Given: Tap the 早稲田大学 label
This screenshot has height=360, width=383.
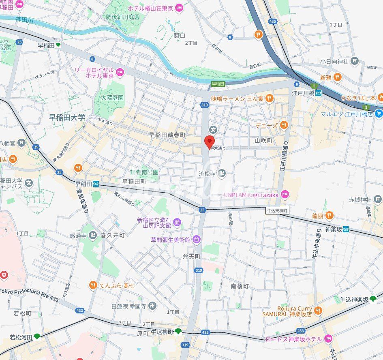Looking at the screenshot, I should pos(67,118).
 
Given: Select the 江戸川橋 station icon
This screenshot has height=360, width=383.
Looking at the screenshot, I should pos(319,93).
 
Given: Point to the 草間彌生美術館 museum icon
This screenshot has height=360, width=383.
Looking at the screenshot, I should pos(197,240).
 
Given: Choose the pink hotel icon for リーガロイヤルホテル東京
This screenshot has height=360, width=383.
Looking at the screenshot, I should pos(120,73).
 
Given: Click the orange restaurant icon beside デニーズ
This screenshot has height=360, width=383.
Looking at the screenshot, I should pos(284,125).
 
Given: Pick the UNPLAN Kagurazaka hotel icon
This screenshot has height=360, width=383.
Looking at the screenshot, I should pos(285,195).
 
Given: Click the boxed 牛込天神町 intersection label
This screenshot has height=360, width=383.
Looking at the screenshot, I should pos(277,211).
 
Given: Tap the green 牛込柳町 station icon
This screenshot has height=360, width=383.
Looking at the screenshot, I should pos(178,332).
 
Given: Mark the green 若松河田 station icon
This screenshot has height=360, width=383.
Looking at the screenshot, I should pos(37,337).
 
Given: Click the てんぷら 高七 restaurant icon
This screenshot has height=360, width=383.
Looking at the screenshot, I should pos(93,286).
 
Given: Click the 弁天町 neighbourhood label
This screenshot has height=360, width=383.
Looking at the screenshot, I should pos(191,257).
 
